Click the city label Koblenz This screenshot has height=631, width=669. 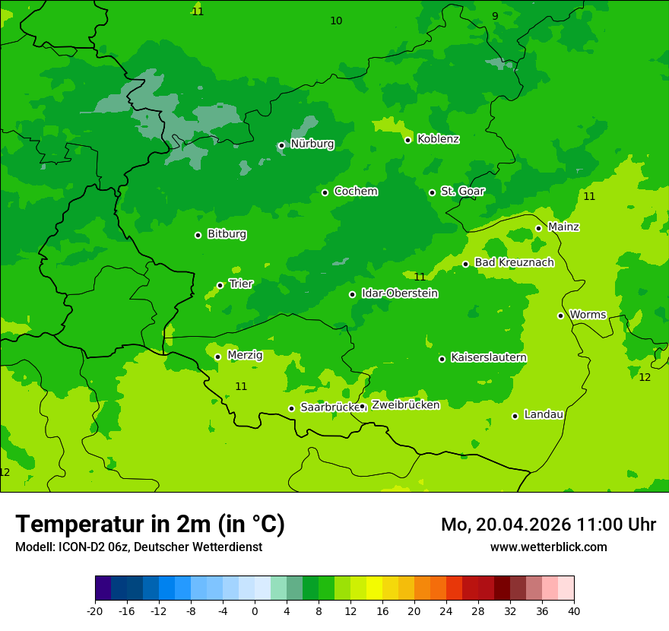coord(438,139)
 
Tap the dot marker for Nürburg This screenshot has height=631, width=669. coord(281,145)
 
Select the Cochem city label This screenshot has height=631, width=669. coord(355,192)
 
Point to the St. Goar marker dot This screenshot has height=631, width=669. coord(432,192)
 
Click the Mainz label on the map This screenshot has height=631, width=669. coord(563,227)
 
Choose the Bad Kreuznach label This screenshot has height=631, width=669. coord(514,263)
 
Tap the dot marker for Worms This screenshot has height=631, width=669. coord(560,315)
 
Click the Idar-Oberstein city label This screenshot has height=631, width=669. coord(399,293)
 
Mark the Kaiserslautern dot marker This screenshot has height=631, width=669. coord(442,359)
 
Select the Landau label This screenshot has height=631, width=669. coord(544,415)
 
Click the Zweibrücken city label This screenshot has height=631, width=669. coord(405,405)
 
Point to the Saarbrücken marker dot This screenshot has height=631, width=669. coord(291,408)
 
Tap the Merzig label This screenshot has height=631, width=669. coord(245,356)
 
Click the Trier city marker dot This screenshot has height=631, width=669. coord(220,285)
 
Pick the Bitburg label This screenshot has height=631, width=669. coord(227,234)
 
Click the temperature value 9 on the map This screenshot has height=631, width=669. coord(495,16)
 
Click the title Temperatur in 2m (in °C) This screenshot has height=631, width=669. coord(151,524)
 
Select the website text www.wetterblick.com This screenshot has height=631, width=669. coord(548,547)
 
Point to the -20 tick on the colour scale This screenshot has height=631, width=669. coord(95,610)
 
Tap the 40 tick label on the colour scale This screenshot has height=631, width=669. coord(574,610)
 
